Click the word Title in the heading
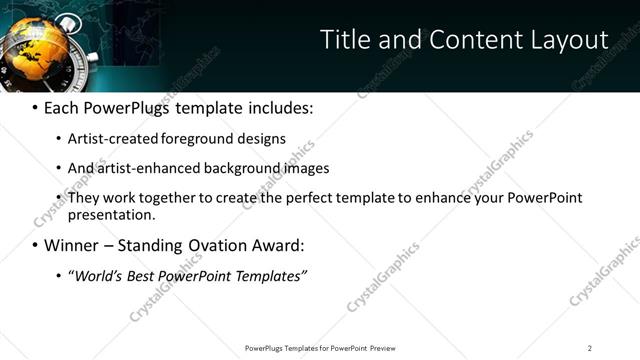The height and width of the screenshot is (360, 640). tap(342, 40)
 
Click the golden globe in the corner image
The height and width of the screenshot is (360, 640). tap(36, 50)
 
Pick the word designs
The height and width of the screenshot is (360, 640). tap(267, 138)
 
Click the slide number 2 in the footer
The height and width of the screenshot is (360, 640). tap(590, 348)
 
